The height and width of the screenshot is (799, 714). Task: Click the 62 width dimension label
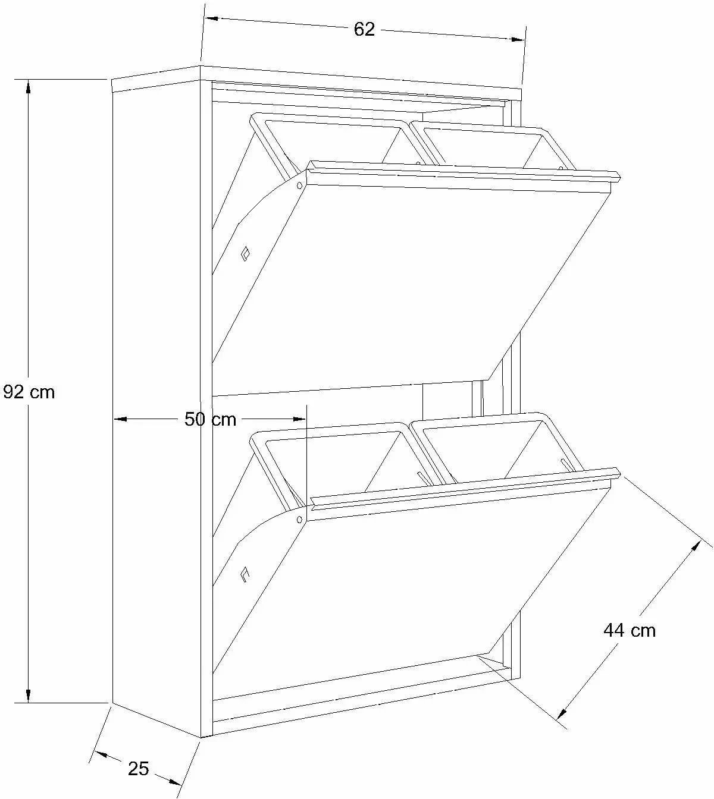364,30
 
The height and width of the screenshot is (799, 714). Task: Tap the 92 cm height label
29,392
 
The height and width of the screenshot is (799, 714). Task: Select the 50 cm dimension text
211,419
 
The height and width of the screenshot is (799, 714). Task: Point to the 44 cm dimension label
630,630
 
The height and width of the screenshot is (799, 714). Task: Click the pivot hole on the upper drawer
299,185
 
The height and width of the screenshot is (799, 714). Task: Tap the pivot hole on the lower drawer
299,519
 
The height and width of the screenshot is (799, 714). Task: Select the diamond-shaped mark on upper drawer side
246,254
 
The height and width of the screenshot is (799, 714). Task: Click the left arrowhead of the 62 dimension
212,18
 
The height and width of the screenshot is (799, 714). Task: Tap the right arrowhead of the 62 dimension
518,39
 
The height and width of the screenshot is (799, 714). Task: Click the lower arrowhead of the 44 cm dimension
563,710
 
